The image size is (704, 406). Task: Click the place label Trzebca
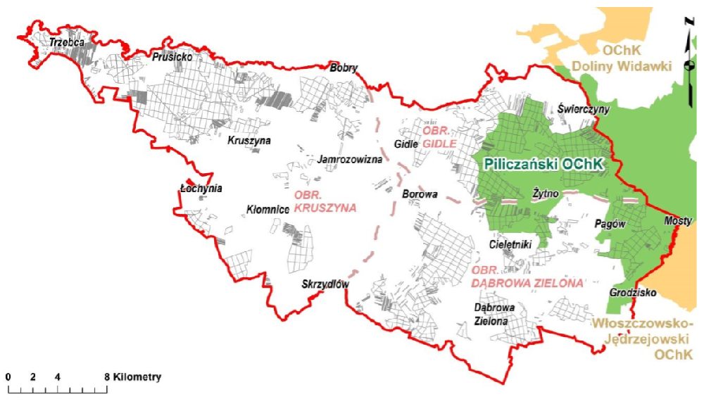click(x=67, y=43)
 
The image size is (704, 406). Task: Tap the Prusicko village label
click(x=171, y=56)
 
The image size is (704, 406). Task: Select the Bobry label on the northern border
click(x=344, y=68)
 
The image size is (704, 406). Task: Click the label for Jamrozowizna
click(x=350, y=160)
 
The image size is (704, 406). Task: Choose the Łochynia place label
click(x=201, y=189)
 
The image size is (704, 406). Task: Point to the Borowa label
click(x=420, y=194)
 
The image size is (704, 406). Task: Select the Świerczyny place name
click(x=584, y=109)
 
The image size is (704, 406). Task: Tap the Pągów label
click(x=610, y=222)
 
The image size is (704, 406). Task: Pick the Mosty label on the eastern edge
click(x=679, y=221)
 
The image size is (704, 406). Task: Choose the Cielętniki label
click(x=510, y=244)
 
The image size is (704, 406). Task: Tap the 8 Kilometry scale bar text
click(x=134, y=377)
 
